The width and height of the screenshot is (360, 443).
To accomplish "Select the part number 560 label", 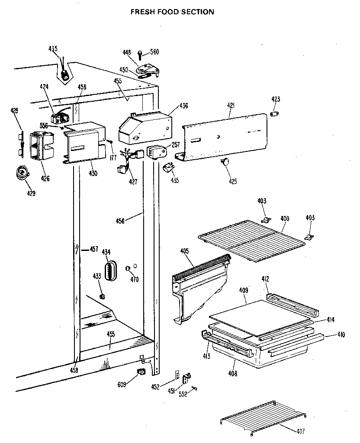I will point(154,52).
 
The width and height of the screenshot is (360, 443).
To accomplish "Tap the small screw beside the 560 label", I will point(140,54).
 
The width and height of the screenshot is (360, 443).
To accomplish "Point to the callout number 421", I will point(230,105).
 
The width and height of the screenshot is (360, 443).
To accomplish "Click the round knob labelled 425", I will point(225,162).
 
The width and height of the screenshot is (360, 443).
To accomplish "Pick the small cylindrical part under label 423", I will point(274,113).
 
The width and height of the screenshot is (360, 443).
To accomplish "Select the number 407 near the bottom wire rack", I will point(301,431).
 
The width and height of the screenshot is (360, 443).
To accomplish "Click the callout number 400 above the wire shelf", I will point(285,219).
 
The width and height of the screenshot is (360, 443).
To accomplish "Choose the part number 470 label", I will point(134,279).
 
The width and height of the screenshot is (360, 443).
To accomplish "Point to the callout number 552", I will point(183,394).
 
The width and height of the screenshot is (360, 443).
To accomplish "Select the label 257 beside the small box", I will point(175,145).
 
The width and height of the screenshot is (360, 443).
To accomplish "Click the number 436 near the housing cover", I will point(183,105).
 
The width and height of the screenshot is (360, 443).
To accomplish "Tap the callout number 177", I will point(113,158).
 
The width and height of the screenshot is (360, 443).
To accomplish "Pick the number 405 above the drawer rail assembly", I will point(185,250).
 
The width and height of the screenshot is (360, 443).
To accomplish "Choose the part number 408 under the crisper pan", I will point(233,373).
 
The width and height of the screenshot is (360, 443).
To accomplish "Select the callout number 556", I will point(44,125).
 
